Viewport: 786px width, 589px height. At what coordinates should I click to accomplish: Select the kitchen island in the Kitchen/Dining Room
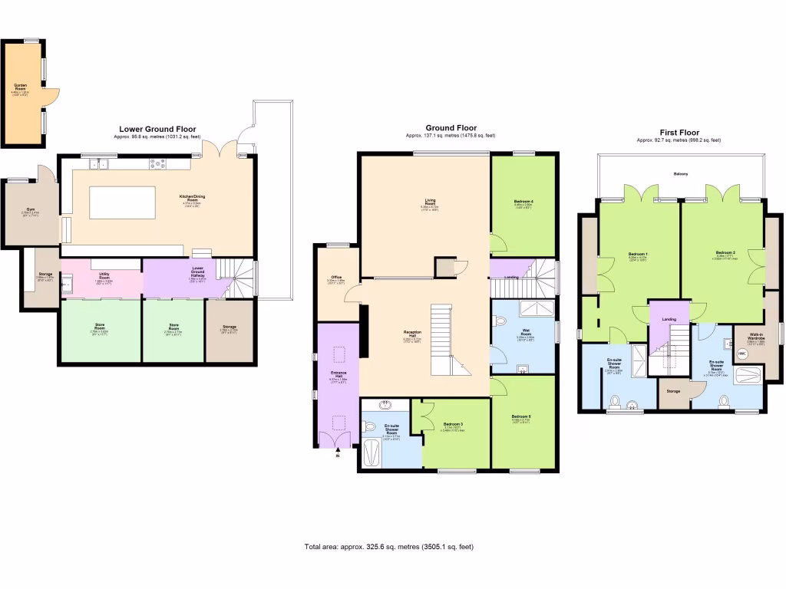[123, 203]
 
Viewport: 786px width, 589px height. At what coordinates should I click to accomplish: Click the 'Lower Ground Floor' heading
[157, 130]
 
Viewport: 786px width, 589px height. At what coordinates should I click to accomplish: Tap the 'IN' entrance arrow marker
[336, 457]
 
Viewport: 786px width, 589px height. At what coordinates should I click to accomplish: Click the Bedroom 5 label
[522, 418]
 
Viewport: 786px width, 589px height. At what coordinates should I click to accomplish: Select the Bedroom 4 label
[523, 203]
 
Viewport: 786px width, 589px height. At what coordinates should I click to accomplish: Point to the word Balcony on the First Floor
[681, 174]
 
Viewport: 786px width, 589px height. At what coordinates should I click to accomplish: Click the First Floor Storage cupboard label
[673, 392]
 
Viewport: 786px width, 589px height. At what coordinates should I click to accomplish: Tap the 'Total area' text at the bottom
[392, 547]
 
